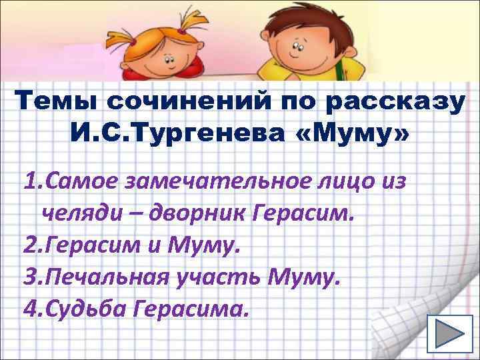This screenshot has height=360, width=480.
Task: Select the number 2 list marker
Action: (x=29, y=246)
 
